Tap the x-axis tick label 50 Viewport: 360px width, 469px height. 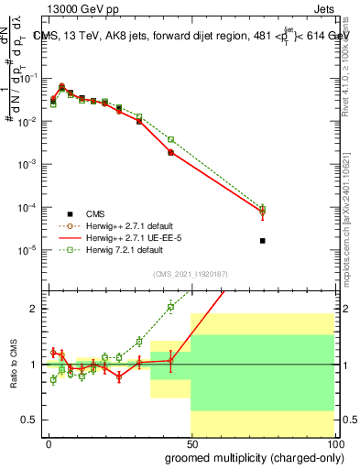click(x=191, y=442)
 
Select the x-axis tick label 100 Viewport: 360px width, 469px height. click(x=334, y=442)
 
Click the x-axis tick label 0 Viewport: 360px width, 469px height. click(x=48, y=442)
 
